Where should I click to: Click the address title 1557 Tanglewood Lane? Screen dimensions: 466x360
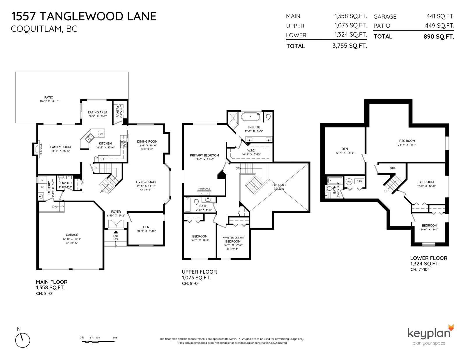point(84,17)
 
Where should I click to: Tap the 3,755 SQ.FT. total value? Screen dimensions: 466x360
point(350,46)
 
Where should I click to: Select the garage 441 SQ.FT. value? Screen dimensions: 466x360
point(440,16)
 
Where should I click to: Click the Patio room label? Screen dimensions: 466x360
point(49,97)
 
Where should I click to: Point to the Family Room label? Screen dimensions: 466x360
point(61,147)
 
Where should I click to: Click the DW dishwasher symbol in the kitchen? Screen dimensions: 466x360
point(101,134)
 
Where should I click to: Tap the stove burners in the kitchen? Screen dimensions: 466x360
point(123,143)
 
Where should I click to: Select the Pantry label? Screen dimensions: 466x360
point(117,111)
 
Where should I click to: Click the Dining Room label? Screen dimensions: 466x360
point(147,141)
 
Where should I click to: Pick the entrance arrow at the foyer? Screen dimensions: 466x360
point(116,232)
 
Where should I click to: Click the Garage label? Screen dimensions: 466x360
point(72,235)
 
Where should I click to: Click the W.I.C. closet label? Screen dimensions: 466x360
point(251,150)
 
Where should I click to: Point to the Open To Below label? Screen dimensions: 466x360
point(279,187)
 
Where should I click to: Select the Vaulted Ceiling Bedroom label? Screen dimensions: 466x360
point(233,240)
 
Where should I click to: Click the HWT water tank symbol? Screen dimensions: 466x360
point(349,182)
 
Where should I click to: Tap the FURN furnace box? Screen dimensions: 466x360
point(359,181)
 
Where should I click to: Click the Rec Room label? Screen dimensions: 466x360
point(407,141)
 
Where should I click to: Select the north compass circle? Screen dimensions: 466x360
point(22,340)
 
